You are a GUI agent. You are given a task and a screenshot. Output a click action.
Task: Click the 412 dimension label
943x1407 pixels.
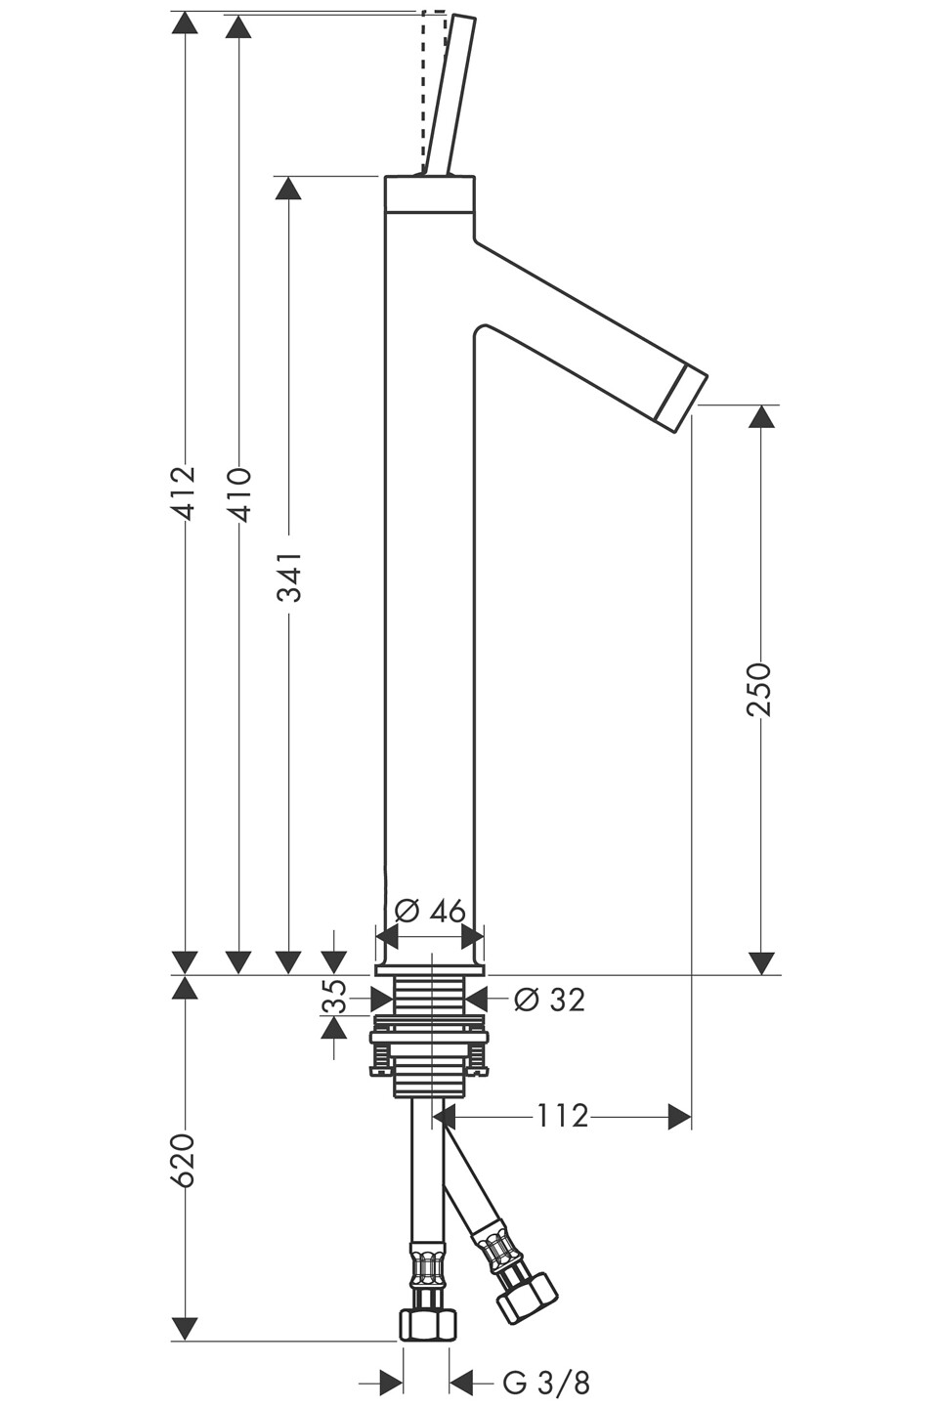184,492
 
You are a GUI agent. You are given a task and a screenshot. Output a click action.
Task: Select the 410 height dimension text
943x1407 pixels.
238,494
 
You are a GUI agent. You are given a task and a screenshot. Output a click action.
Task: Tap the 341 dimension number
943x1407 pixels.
289,577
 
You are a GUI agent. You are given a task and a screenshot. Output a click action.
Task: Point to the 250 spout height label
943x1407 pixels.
759,689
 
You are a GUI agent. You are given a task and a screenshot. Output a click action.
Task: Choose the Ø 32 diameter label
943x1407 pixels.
549,1000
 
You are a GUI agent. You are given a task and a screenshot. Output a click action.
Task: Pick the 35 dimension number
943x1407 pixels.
334,998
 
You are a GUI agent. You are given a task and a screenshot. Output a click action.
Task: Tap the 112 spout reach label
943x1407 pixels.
562,1116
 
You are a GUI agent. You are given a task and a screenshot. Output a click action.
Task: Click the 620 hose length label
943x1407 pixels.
184,1161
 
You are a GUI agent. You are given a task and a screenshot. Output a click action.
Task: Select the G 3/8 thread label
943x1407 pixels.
546,1383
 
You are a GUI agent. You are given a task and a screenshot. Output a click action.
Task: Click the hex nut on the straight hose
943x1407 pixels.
427,1324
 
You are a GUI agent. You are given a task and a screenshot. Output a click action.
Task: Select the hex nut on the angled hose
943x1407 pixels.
525,1295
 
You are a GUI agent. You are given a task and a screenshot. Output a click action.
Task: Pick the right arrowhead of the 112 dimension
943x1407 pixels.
679,1116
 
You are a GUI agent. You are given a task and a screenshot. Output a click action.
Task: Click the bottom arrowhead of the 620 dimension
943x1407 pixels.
184,1328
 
